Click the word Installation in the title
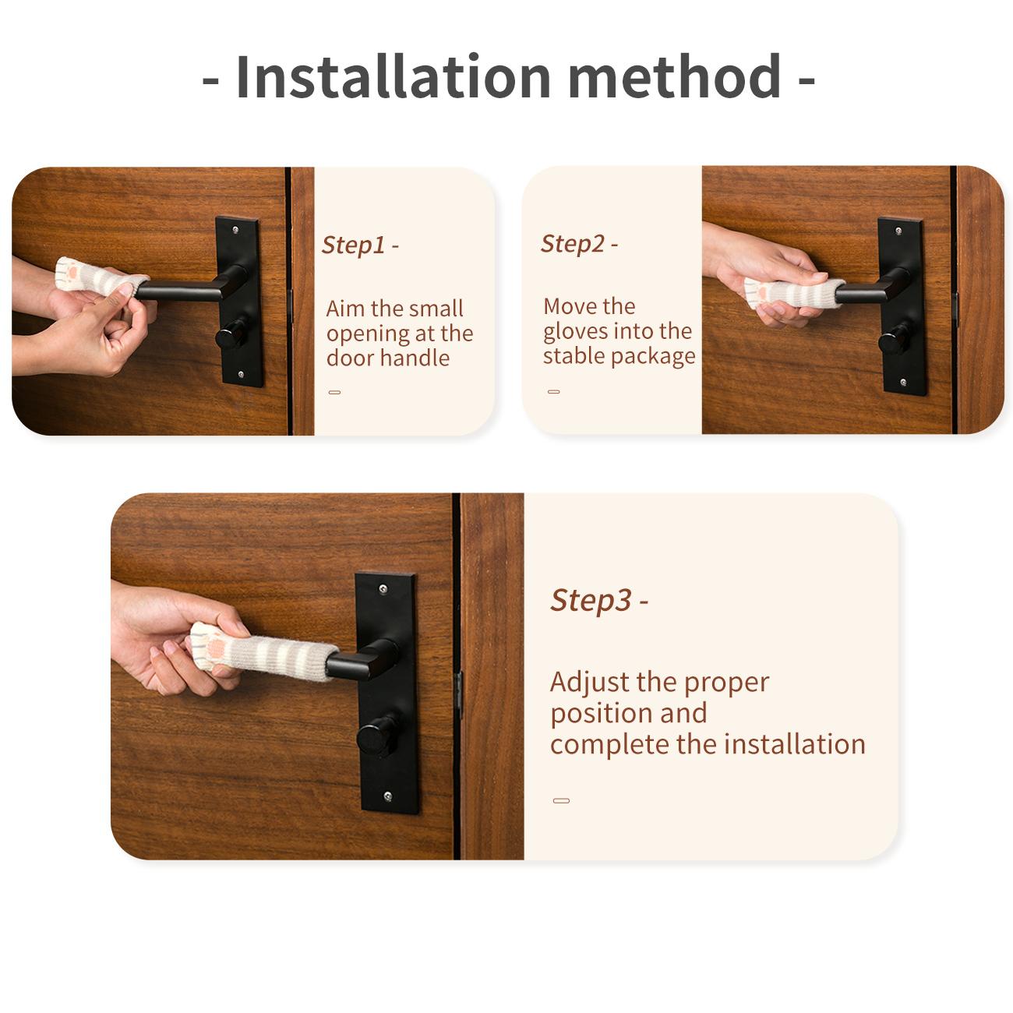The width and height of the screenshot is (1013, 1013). click(394, 76)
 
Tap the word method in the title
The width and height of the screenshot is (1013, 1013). click(675, 76)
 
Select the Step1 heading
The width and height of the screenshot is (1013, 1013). click(360, 245)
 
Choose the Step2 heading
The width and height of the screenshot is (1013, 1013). click(579, 243)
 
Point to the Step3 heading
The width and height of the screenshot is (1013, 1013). click(599, 600)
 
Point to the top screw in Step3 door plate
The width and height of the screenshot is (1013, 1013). click(383, 589)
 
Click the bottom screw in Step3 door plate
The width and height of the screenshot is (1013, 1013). click(388, 796)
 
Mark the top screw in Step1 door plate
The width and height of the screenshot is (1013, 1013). click(235, 230)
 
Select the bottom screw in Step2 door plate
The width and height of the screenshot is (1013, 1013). click(903, 382)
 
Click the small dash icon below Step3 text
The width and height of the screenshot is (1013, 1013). click(561, 800)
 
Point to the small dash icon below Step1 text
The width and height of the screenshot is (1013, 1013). click(334, 392)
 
